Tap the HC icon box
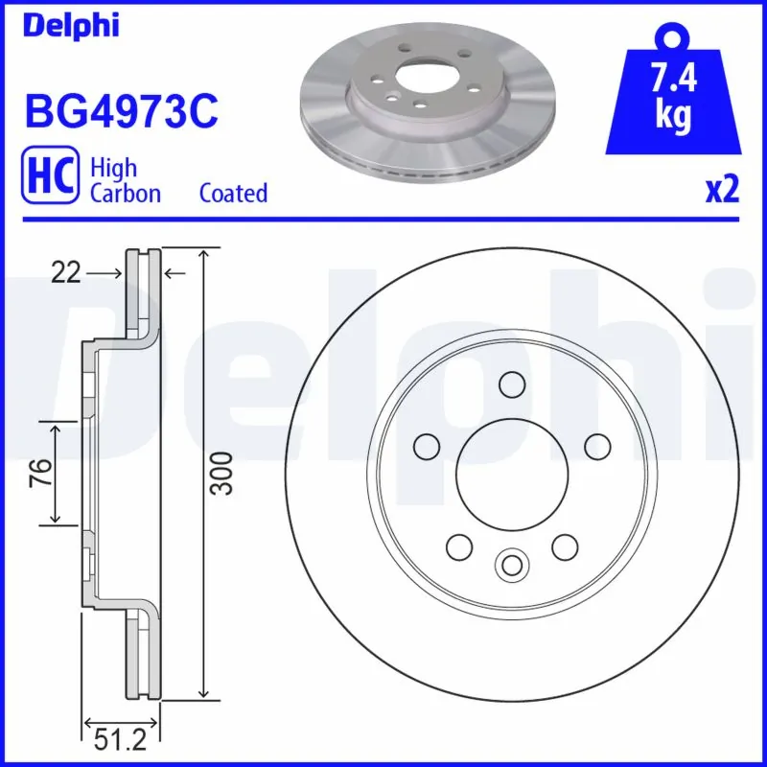(49, 179)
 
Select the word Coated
(233, 193)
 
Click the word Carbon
(125, 193)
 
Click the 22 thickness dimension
(64, 274)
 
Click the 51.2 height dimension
(121, 739)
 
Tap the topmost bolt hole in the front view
(512, 383)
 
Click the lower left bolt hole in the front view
(459, 547)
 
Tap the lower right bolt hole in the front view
(565, 547)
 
